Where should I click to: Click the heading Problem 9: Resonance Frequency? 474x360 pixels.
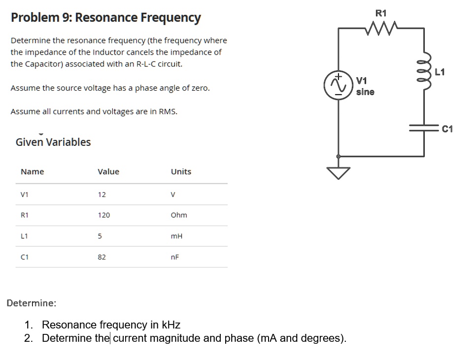pos(105,18)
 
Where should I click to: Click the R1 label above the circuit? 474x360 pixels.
pos(381,13)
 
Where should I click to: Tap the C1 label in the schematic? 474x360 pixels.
pos(447,129)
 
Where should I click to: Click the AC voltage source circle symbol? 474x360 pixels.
pos(338,85)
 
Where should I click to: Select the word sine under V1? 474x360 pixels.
pos(365,92)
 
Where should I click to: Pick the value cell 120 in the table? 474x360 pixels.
pos(103,215)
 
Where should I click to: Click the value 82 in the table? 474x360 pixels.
pos(102,257)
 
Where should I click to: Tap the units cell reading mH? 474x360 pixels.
pos(176,236)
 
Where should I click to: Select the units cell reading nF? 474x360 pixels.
pos(174,257)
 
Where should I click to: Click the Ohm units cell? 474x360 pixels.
pos(178,215)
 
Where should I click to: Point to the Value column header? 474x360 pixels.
pos(108,171)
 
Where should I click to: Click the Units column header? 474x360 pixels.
pos(181,171)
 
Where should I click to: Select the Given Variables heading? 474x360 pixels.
pos(53,142)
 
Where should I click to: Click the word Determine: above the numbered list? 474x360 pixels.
pos(32,302)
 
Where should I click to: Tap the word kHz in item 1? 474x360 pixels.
pos(170,325)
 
